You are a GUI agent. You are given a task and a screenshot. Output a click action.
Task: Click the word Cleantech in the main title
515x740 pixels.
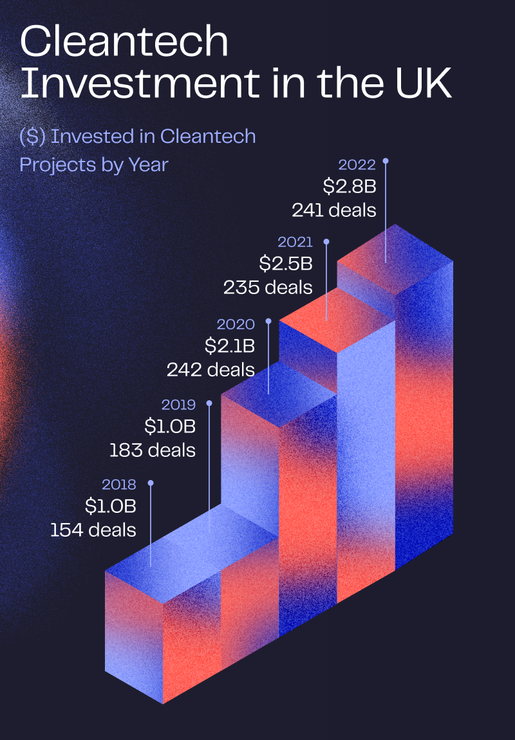[x=124, y=42]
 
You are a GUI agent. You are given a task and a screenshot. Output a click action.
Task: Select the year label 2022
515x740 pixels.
[x=357, y=165]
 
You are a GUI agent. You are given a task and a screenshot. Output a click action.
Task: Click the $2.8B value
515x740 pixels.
[x=350, y=187]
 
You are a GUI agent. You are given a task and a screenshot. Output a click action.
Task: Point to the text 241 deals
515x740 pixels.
[x=333, y=210]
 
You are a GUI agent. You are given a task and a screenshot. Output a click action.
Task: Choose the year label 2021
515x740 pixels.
[x=295, y=242]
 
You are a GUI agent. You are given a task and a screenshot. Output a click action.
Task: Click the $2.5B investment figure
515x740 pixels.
[x=286, y=264]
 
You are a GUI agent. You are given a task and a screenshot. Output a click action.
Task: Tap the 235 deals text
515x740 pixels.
[x=268, y=288]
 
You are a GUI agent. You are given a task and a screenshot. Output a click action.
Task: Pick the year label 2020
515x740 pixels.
[x=236, y=324]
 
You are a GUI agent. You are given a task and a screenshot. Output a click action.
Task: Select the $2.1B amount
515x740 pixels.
[x=229, y=346]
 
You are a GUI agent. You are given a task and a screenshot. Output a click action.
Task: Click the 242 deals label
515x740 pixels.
[x=211, y=369]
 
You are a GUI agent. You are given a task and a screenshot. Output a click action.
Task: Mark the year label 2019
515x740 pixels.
[x=178, y=405]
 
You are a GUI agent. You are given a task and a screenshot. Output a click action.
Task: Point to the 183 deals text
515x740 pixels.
[x=153, y=450]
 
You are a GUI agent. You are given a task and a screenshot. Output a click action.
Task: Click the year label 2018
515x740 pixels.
[x=119, y=485]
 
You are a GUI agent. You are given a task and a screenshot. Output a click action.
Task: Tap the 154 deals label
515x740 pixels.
[x=93, y=530]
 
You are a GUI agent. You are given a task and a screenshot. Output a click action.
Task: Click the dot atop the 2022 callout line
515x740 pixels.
[x=386, y=161]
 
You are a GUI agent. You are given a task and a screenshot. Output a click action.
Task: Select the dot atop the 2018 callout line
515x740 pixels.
[x=151, y=483]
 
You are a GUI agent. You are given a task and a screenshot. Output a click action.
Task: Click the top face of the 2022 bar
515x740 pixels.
[x=395, y=259]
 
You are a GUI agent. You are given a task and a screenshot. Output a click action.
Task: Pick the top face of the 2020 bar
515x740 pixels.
[x=279, y=394]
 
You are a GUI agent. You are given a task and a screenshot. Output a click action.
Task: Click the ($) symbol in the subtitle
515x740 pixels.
[x=33, y=137]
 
